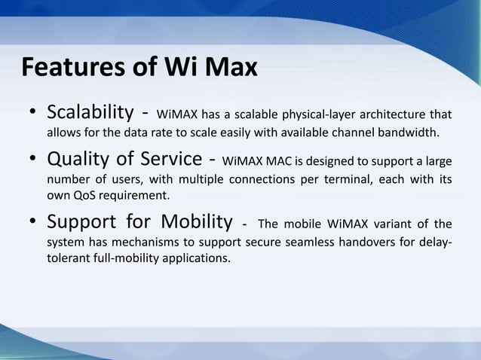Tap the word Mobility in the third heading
click(x=191, y=223)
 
